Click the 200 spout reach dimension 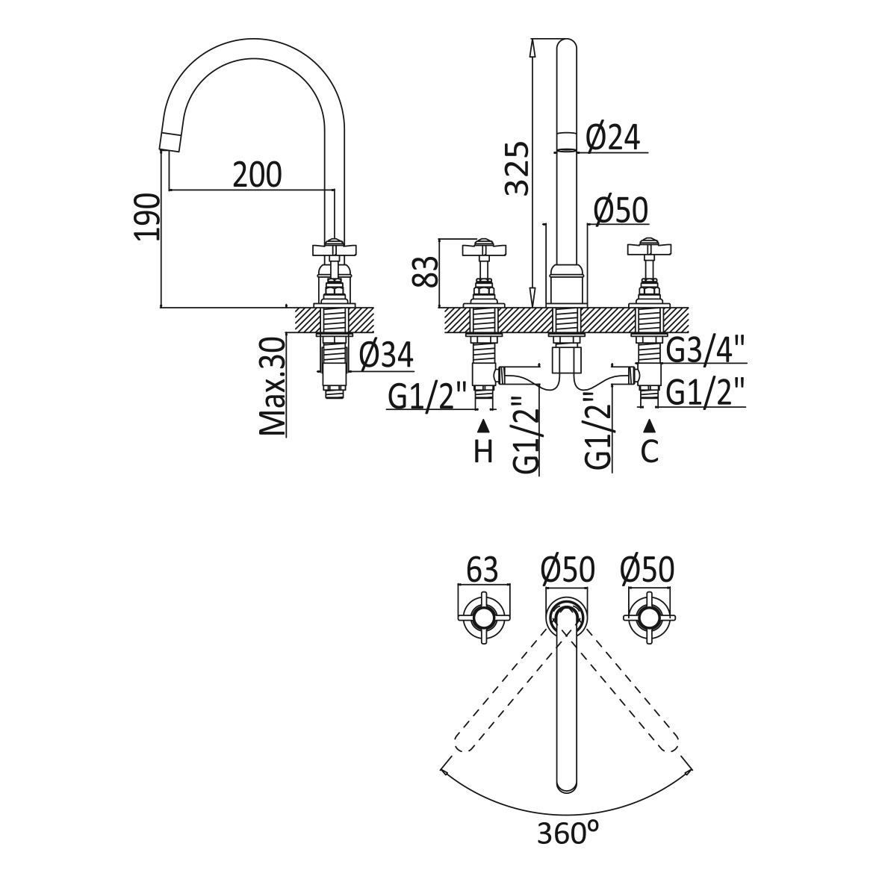click(257, 175)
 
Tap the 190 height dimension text click(146, 217)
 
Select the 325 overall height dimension click(517, 168)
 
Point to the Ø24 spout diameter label click(612, 137)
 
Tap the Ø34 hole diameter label click(385, 355)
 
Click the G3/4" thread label click(706, 349)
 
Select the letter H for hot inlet click(484, 451)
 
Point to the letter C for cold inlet click(650, 451)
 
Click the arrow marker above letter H click(484, 426)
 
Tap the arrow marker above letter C click(650, 426)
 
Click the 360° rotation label click(568, 833)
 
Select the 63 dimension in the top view click(482, 570)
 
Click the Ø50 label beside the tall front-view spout click(620, 211)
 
